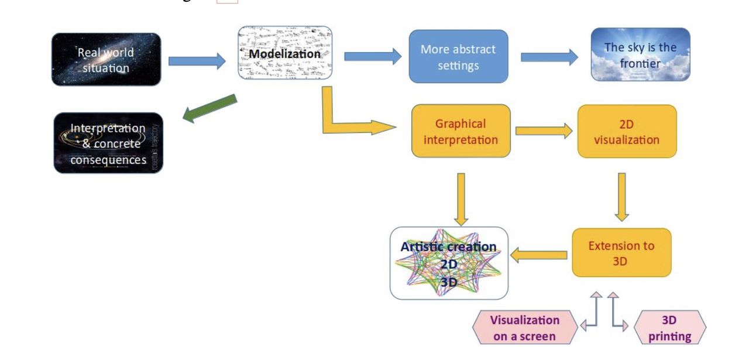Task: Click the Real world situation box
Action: pyautogui.click(x=106, y=60)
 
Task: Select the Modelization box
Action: pyautogui.click(x=285, y=53)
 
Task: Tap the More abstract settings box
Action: pyautogui.click(x=458, y=57)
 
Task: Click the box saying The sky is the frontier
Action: pyautogui.click(x=640, y=54)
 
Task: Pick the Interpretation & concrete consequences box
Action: pyautogui.click(x=108, y=143)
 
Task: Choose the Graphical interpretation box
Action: pyautogui.click(x=461, y=131)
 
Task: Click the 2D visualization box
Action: pyautogui.click(x=627, y=132)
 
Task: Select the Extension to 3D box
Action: pyautogui.click(x=621, y=253)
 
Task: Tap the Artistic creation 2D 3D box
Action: pyautogui.click(x=449, y=263)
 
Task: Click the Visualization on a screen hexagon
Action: pyautogui.click(x=524, y=328)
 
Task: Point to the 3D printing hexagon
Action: pyautogui.click(x=669, y=328)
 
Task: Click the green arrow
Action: pyautogui.click(x=210, y=109)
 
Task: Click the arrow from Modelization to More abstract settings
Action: pyautogui.click(x=372, y=56)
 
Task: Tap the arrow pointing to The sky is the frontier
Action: pyautogui.click(x=549, y=57)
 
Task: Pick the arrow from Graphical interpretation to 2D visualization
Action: pyautogui.click(x=544, y=131)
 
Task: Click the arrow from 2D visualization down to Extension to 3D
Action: pyautogui.click(x=621, y=197)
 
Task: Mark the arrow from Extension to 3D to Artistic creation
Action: pyautogui.click(x=540, y=255)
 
